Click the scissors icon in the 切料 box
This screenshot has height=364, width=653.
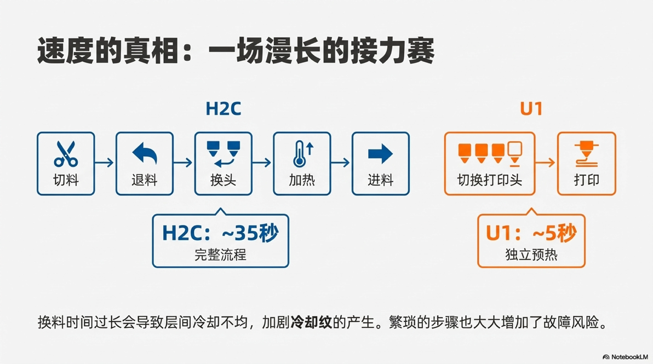66,154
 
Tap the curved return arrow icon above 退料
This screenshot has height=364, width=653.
145,153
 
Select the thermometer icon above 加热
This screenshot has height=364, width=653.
303,154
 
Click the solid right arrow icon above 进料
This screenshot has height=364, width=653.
380,153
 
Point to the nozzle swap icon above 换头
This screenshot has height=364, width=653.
223,153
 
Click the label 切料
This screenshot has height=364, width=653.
66,180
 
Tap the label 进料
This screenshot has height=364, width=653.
380,180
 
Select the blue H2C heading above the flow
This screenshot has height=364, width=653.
223,108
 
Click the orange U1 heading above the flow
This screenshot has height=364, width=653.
531,108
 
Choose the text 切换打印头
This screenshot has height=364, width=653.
489,180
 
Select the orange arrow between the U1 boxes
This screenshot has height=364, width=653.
546,163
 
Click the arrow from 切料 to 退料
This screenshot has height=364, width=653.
104,163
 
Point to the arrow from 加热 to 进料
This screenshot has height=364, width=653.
341,163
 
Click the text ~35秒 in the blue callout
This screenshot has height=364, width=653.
250,233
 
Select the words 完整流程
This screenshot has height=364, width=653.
220,255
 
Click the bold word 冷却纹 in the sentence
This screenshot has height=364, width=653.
311,322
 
